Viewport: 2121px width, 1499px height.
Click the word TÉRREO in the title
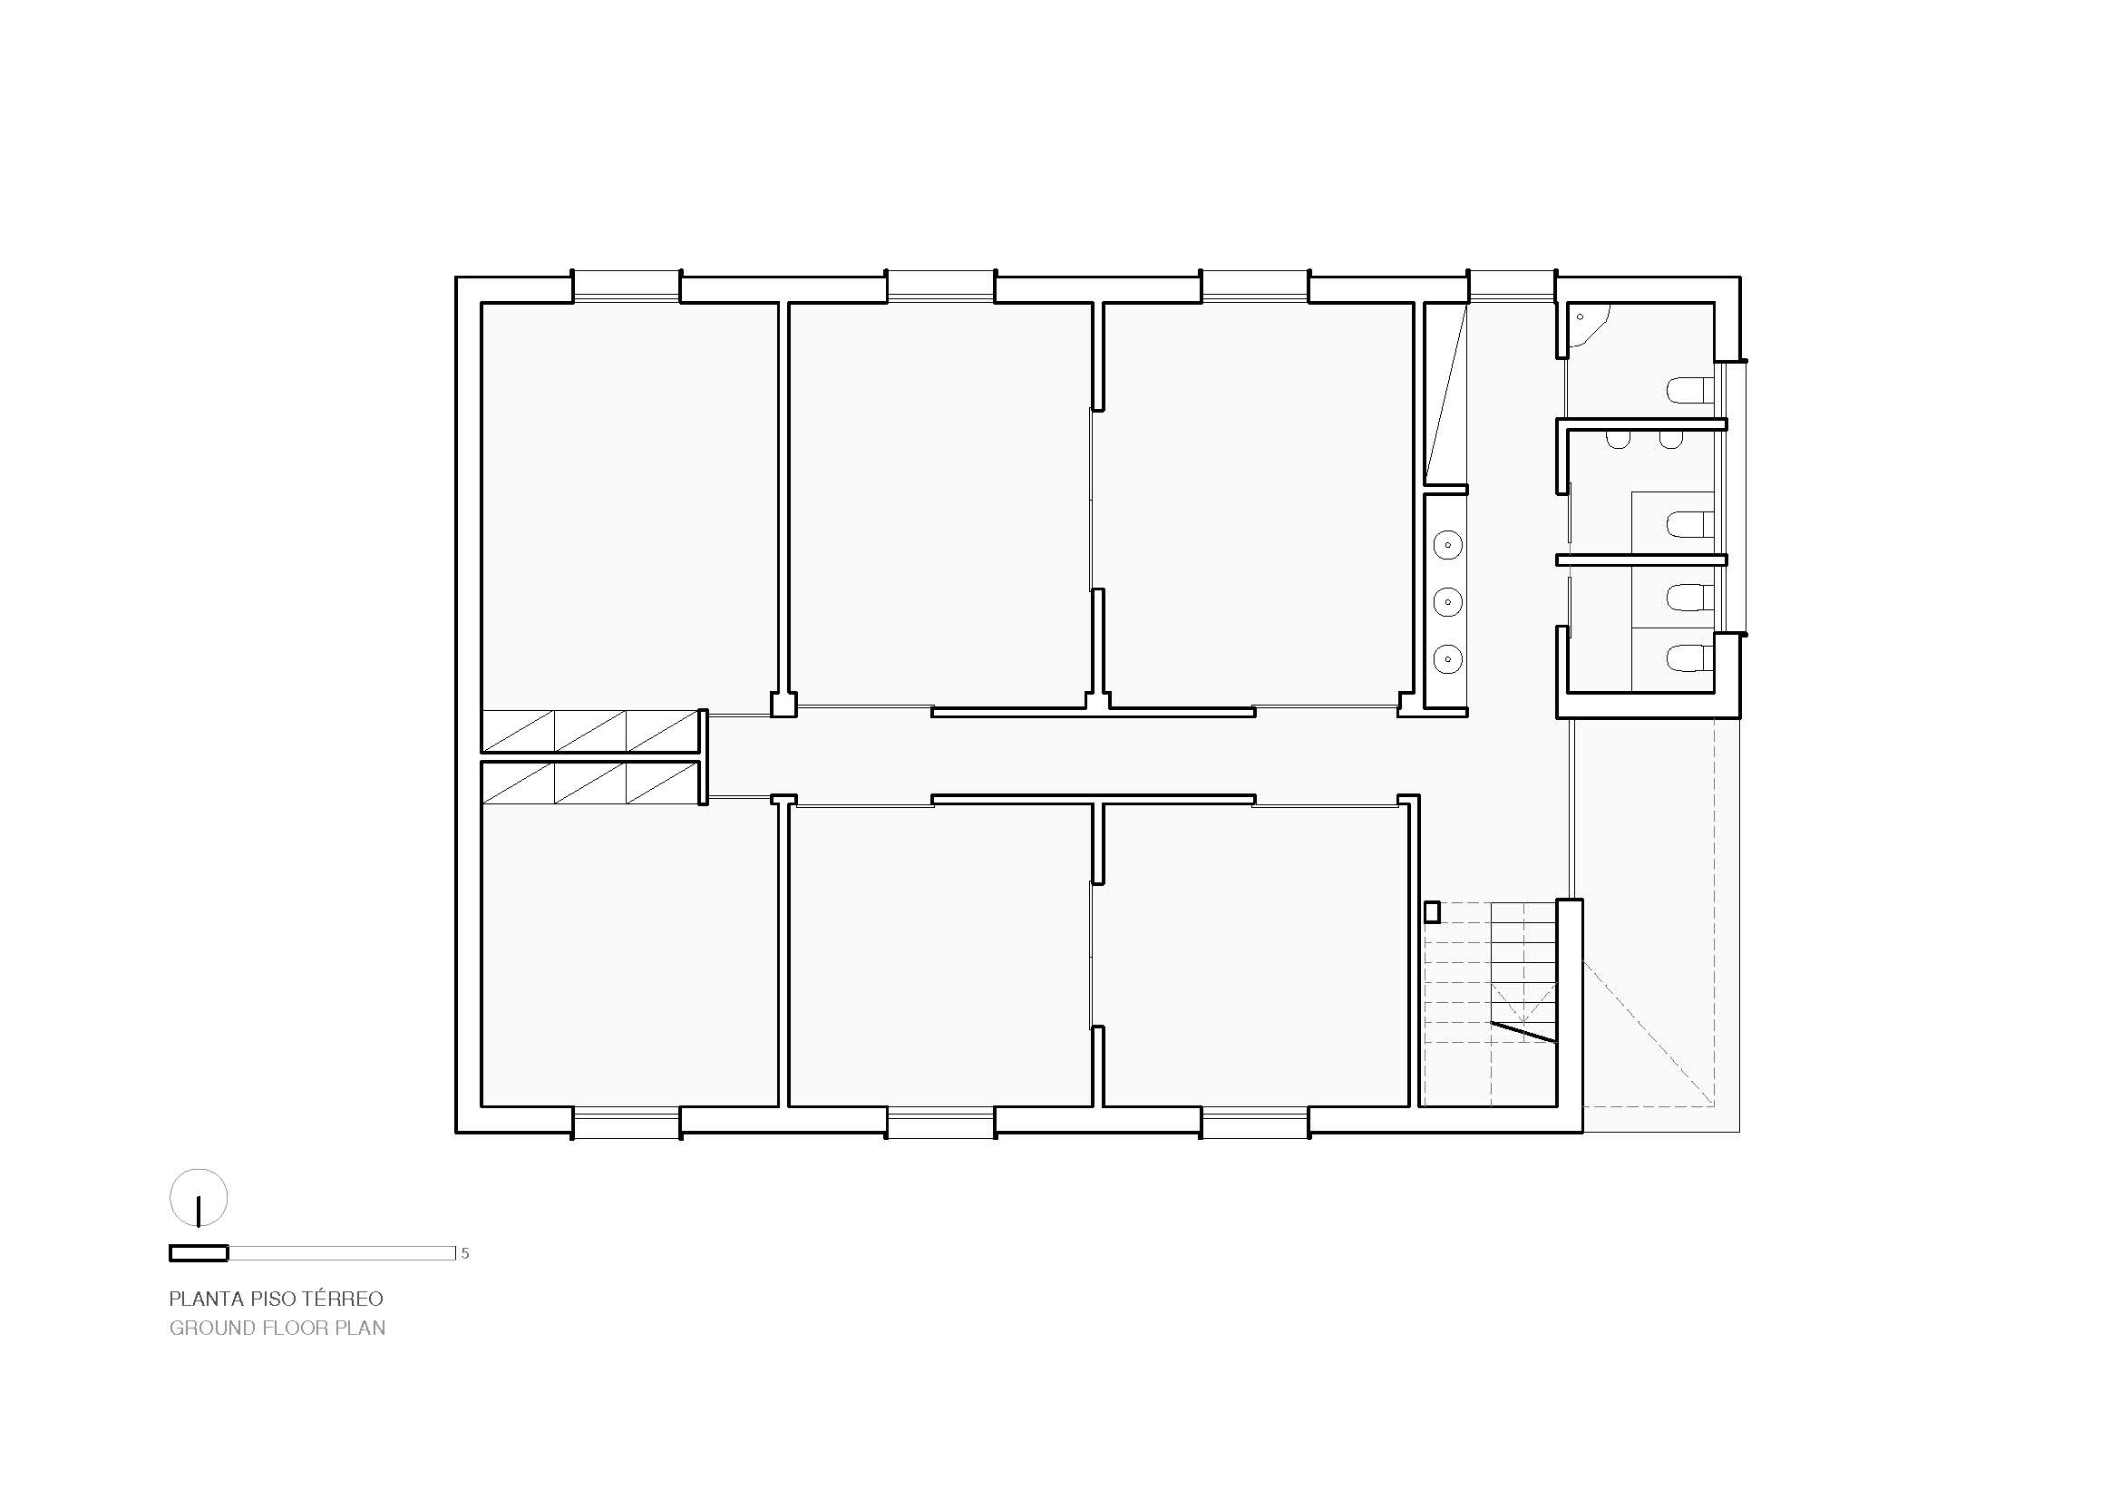(x=344, y=1299)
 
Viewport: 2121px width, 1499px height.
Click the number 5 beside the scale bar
(x=464, y=1253)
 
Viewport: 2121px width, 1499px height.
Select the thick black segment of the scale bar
(x=199, y=1253)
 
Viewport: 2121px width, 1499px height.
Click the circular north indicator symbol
(x=199, y=1198)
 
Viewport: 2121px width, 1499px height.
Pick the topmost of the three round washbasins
(x=1447, y=545)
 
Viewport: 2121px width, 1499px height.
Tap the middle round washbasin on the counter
(x=1447, y=602)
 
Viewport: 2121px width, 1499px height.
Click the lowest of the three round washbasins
(x=1447, y=659)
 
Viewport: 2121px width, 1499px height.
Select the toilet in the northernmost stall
(x=1691, y=390)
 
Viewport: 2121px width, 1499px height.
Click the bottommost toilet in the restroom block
(x=1691, y=659)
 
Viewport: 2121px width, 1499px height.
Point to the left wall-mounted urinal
(x=1618, y=441)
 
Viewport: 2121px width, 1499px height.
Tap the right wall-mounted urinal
(x=1670, y=441)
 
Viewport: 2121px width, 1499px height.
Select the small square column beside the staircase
(x=1433, y=912)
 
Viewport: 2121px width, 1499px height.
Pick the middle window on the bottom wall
(x=940, y=1124)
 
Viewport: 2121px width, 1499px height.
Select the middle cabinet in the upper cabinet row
(x=589, y=731)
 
